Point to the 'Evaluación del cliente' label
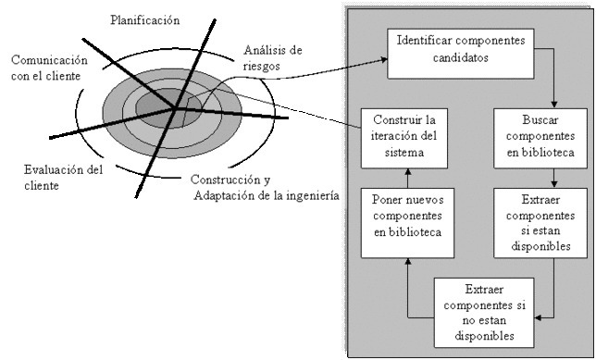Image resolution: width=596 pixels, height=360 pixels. click(63, 178)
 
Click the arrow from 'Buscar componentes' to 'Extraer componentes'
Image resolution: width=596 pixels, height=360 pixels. click(553, 177)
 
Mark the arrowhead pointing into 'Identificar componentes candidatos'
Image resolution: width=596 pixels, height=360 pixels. click(382, 60)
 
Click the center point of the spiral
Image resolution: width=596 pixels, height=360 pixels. click(175, 109)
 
